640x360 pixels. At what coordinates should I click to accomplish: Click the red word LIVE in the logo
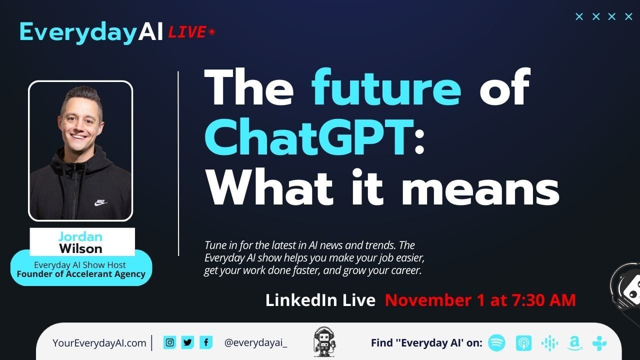187,32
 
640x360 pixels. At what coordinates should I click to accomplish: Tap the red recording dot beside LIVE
212,32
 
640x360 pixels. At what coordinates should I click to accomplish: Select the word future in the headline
386,87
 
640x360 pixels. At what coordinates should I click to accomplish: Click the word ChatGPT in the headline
309,137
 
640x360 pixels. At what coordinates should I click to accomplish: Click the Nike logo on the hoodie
101,202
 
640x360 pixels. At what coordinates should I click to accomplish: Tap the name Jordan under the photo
80,236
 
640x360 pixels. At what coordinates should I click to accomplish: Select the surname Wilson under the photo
80,248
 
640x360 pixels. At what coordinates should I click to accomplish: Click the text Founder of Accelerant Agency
81,274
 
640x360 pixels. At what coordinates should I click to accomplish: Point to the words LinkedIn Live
320,300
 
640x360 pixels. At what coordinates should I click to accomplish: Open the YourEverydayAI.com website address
99,343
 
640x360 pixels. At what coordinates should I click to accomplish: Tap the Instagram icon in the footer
169,342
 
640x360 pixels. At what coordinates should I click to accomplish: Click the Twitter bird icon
187,342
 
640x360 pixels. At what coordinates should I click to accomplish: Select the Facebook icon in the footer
205,342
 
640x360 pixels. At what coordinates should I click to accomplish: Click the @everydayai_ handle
255,343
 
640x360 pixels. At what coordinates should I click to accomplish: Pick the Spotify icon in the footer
496,342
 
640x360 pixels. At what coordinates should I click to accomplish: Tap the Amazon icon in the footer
574,343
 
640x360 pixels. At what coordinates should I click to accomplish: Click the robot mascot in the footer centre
324,342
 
